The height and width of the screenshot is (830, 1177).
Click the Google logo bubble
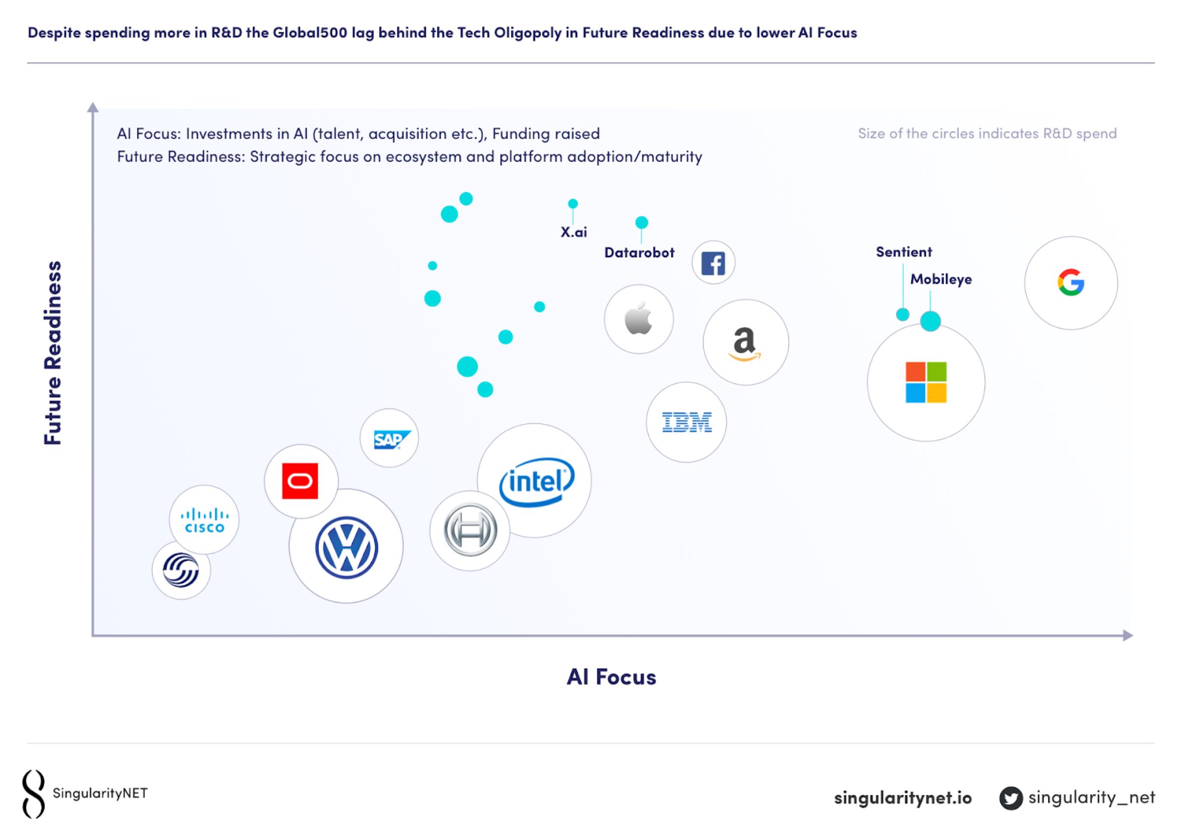point(1070,282)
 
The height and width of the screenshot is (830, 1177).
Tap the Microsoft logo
point(926,382)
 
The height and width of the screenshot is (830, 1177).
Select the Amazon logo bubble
point(745,342)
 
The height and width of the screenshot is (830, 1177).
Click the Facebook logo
point(713,263)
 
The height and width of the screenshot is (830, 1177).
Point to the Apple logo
point(638,319)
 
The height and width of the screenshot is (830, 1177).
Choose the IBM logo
point(686,422)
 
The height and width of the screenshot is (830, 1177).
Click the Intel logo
point(536,481)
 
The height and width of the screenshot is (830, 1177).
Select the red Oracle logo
point(300,481)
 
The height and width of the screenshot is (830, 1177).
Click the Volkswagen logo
point(347,548)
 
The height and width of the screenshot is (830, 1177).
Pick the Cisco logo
point(205,520)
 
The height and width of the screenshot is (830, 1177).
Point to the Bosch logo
point(470,531)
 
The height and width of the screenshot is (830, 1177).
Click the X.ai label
point(574,232)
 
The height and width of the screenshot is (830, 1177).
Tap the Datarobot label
point(639,253)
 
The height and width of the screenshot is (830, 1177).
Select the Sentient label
point(904,252)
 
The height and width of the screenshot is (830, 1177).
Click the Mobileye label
point(941,279)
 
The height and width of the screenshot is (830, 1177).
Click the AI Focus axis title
point(611,677)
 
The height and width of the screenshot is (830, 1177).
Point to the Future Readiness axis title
point(53,353)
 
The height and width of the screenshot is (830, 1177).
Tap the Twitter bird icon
point(1010,798)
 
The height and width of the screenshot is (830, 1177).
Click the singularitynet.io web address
point(903,798)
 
